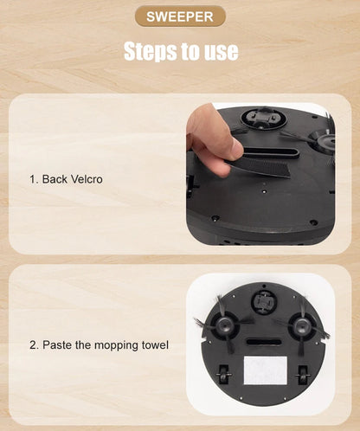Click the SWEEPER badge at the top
[x=180, y=16]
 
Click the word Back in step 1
[x=55, y=179]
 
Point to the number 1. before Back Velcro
[x=34, y=179]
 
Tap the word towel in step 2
[x=154, y=345]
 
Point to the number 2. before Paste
[x=34, y=345]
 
